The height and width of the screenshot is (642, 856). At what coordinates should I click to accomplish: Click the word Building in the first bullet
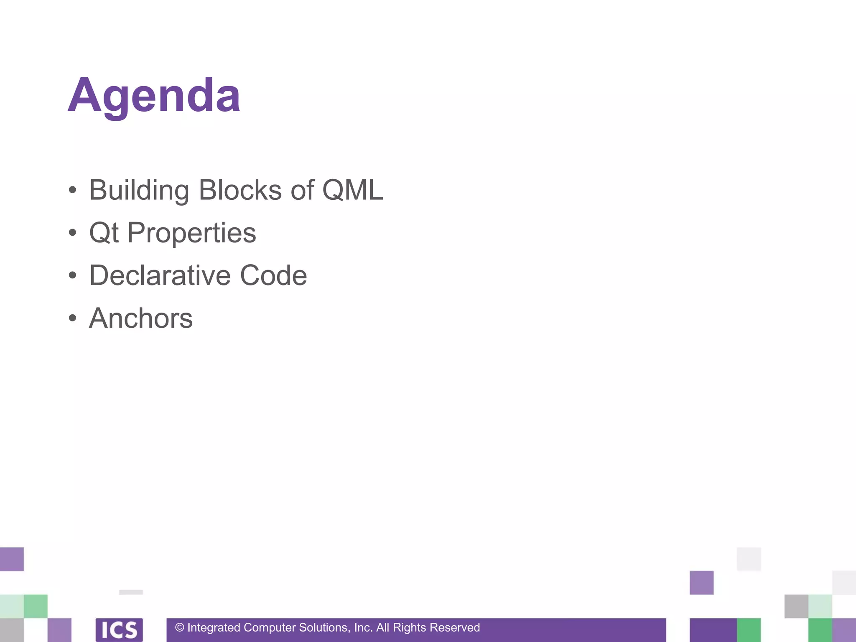pyautogui.click(x=139, y=190)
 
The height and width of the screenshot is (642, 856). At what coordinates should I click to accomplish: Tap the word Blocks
pyautogui.click(x=240, y=190)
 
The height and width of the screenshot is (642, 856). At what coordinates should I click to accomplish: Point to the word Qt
pyautogui.click(x=104, y=233)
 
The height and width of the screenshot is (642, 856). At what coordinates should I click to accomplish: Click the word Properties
pyautogui.click(x=191, y=233)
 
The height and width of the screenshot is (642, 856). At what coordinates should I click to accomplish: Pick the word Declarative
pyautogui.click(x=160, y=275)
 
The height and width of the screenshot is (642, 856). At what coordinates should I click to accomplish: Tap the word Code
pyautogui.click(x=273, y=275)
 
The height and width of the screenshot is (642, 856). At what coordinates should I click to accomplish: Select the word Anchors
pyautogui.click(x=141, y=318)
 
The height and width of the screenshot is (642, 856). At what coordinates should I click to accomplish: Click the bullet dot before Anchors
pyautogui.click(x=73, y=318)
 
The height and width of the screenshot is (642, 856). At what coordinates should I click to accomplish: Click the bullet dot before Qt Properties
pyautogui.click(x=73, y=233)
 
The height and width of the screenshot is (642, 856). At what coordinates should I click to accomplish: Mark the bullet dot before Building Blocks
pyautogui.click(x=73, y=190)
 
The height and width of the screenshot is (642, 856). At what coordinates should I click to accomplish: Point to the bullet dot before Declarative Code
pyautogui.click(x=73, y=275)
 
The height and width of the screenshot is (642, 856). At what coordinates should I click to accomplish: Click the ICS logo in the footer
pyautogui.click(x=119, y=629)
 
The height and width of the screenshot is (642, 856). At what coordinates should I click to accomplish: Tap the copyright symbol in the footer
pyautogui.click(x=180, y=627)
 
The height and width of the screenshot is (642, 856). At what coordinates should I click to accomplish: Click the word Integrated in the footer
pyautogui.click(x=214, y=627)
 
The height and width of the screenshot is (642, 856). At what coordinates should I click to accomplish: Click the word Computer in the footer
pyautogui.click(x=270, y=627)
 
